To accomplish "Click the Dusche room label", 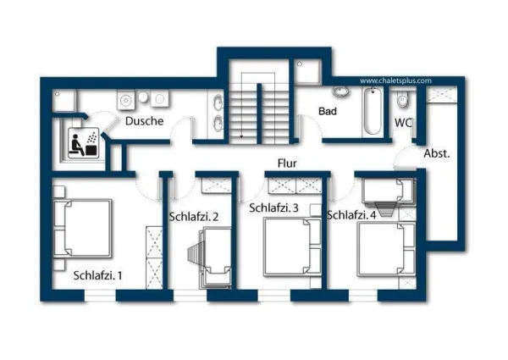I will tap(144, 121).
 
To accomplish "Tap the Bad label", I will tap(328, 112).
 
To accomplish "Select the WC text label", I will tap(402, 123).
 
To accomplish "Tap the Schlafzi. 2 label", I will tap(194, 217).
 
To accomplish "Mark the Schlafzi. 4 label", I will tap(351, 215).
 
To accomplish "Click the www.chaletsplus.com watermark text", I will tap(395, 81).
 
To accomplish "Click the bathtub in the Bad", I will tap(371, 113).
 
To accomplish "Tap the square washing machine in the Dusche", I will tap(125, 100).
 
